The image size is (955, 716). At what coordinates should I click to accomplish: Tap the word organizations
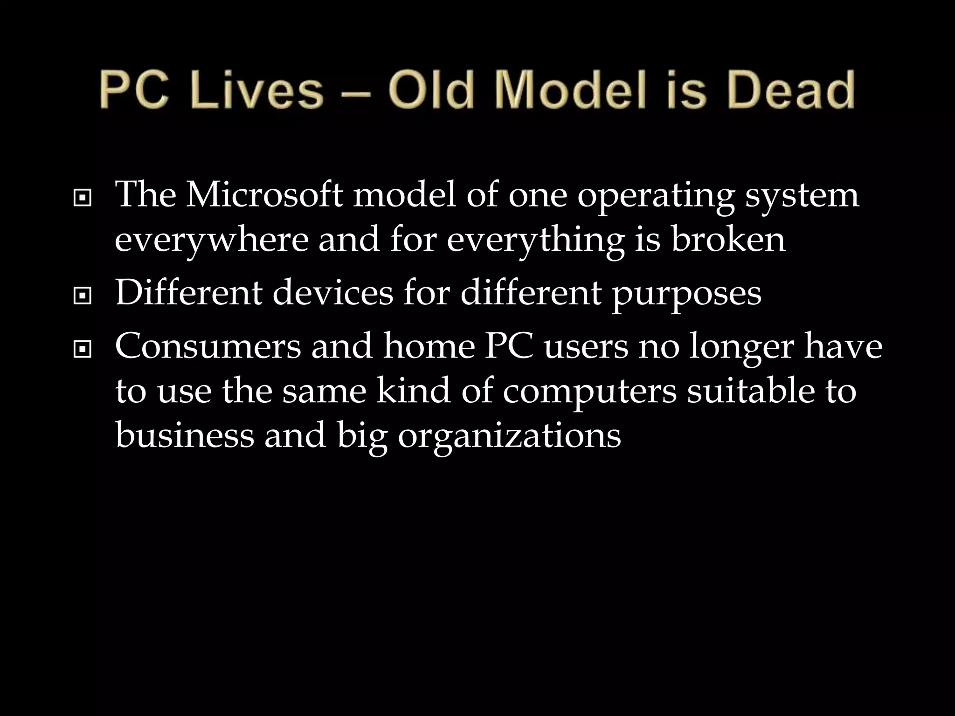pos(509,437)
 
